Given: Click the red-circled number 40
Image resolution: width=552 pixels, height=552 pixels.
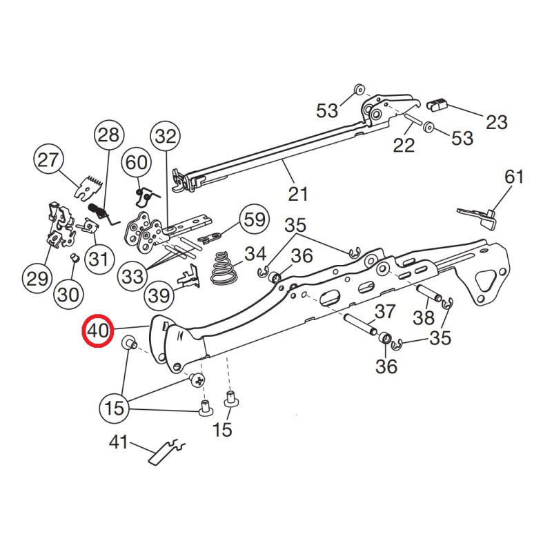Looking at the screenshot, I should tap(98, 331).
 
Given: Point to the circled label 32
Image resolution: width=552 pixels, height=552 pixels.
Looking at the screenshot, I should tap(166, 137).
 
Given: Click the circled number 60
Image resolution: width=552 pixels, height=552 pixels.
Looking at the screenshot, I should tap(137, 163).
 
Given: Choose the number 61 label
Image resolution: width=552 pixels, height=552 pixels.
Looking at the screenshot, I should tap(513, 177).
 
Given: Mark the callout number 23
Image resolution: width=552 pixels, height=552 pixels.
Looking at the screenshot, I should tap(496, 122).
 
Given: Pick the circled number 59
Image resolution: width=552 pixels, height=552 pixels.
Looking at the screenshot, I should tap(255, 220).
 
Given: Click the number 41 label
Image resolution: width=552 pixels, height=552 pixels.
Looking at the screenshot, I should tap(119, 442).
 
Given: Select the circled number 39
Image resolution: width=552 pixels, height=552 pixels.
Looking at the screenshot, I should tap(159, 296).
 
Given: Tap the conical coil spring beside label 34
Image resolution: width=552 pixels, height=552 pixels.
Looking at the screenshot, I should tap(222, 268).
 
